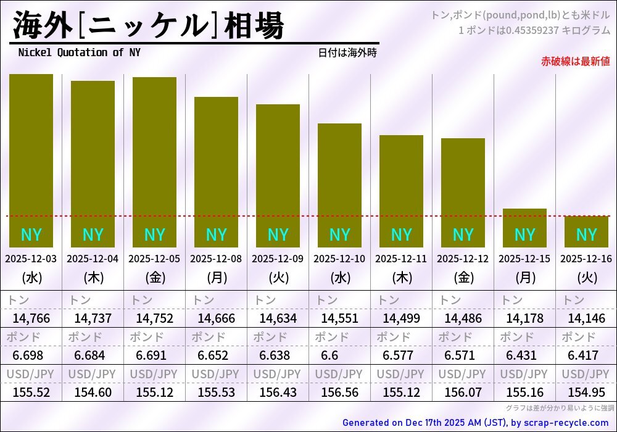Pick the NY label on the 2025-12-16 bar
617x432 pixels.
click(x=586, y=235)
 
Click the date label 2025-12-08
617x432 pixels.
click(x=216, y=259)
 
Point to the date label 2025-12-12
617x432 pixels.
click(x=463, y=259)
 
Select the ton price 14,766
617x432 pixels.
click(x=31, y=319)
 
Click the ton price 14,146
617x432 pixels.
click(x=586, y=319)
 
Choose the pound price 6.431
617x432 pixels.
click(x=521, y=356)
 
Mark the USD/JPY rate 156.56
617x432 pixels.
click(x=339, y=393)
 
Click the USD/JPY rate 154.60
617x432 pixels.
click(x=93, y=393)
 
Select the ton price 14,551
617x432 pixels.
click(x=339, y=319)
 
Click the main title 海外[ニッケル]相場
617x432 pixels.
click(x=148, y=26)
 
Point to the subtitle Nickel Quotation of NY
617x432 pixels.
click(x=79, y=53)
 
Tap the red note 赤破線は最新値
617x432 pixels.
click(x=575, y=61)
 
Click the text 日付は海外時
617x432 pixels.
click(x=347, y=53)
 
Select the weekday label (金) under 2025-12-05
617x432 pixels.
click(x=154, y=278)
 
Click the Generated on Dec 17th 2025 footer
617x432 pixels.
click(x=475, y=423)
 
